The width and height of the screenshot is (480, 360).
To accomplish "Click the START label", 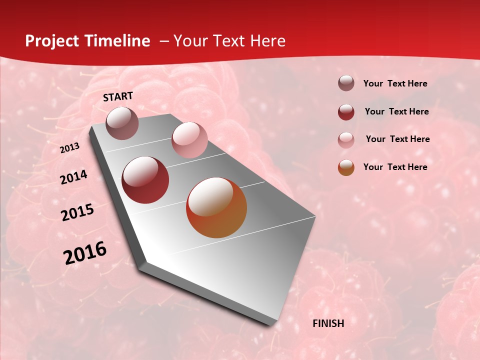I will pyautogui.click(x=118, y=96).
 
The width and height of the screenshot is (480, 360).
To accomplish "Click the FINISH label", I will pyautogui.click(x=328, y=323).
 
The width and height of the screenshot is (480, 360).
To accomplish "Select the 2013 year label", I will pyautogui.click(x=70, y=148).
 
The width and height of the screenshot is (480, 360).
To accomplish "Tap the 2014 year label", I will pyautogui.click(x=73, y=177).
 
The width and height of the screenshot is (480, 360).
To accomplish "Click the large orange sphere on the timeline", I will pyautogui.click(x=216, y=207).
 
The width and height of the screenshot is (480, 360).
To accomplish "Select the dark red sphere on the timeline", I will pyautogui.click(x=145, y=180).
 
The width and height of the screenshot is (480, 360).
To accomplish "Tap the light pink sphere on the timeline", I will pyautogui.click(x=189, y=139).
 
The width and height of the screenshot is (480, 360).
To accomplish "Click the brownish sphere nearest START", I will pyautogui.click(x=122, y=123).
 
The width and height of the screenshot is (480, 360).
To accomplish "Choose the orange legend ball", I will pyautogui.click(x=346, y=167).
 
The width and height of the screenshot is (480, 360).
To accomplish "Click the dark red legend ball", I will pyautogui.click(x=346, y=112).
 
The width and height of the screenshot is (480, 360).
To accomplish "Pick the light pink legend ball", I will pyautogui.click(x=346, y=139).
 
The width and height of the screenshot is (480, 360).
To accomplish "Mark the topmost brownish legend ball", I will pyautogui.click(x=346, y=83).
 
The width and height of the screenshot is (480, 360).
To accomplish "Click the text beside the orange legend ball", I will pyautogui.click(x=395, y=167).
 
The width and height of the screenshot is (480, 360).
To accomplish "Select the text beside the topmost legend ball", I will pyautogui.click(x=395, y=83).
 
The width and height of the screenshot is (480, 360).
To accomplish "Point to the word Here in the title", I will pyautogui.click(x=267, y=41).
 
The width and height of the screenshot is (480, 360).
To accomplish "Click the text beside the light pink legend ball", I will pyautogui.click(x=397, y=139).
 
